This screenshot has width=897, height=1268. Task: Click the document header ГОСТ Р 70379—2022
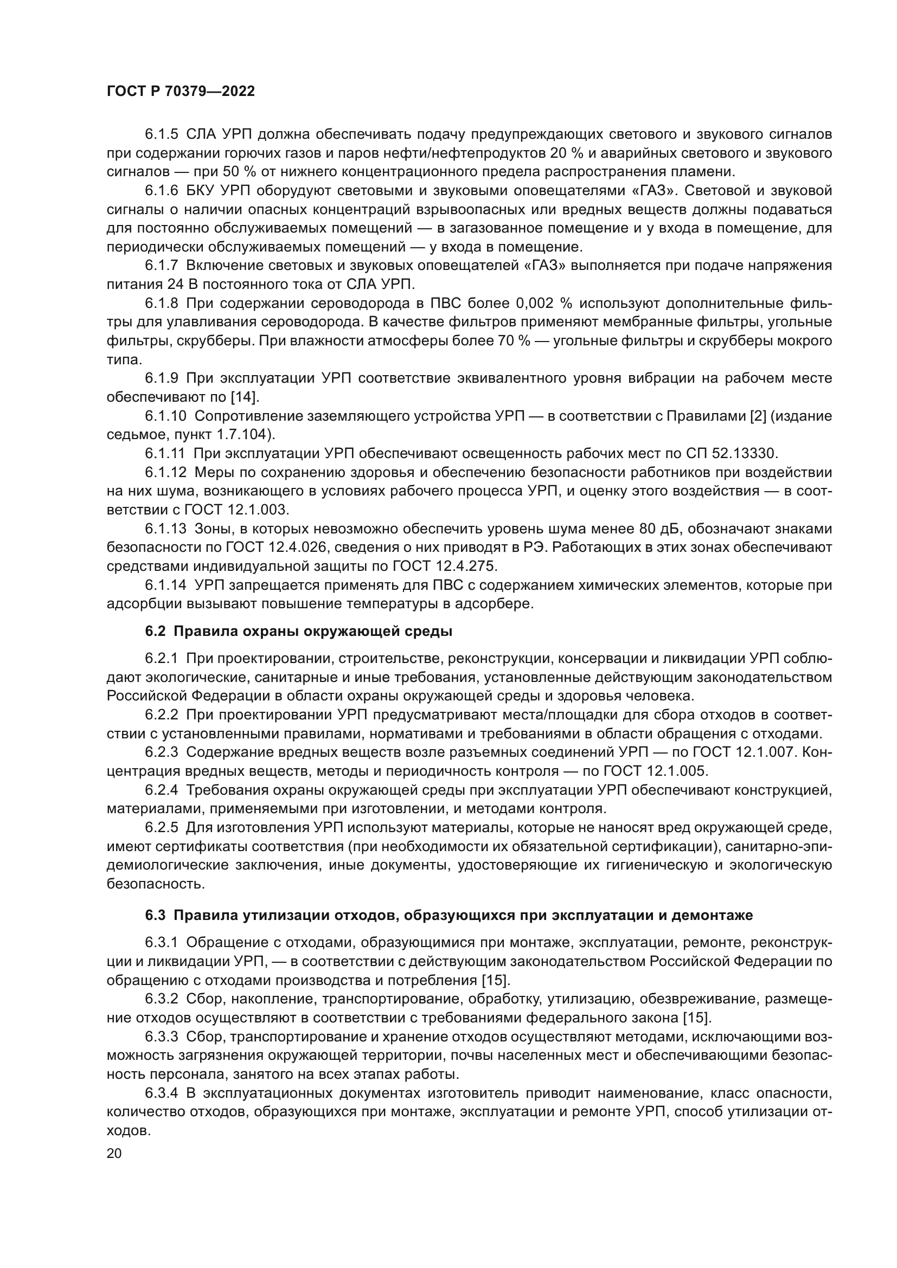click(x=181, y=92)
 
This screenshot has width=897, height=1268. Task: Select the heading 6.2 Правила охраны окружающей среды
click(x=298, y=631)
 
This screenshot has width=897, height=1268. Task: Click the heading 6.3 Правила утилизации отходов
click(x=448, y=915)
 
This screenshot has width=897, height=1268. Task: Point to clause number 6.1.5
click(x=161, y=134)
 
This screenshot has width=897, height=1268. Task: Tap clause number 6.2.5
click(x=161, y=827)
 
